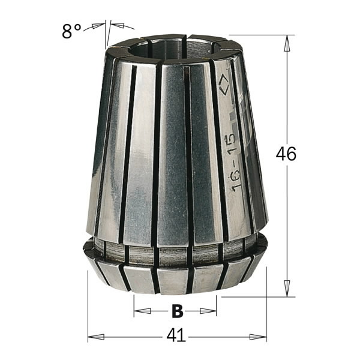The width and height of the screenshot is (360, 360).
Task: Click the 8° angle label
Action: (x=71, y=31)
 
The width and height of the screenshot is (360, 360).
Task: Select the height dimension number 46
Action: (x=286, y=154)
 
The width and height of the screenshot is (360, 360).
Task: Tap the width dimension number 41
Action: (x=176, y=337)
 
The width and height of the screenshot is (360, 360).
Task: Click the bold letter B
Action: (x=176, y=311)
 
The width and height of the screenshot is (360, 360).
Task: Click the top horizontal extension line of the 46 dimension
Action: (x=258, y=35)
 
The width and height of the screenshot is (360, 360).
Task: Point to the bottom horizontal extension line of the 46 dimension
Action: (x=258, y=296)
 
